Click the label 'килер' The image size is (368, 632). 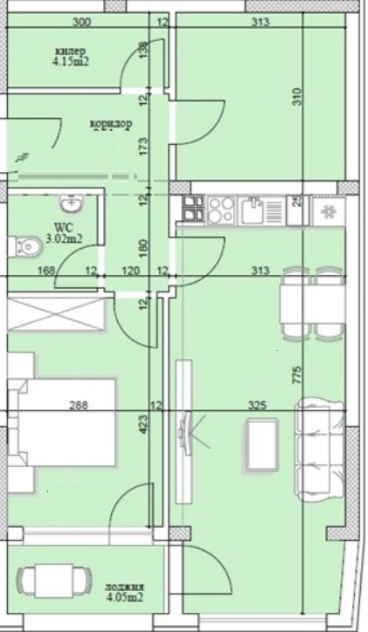[68, 50]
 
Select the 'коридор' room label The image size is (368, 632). [111, 124]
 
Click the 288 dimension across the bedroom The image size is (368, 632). [80, 405]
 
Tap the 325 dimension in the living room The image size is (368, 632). [257, 405]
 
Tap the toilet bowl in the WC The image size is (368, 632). [27, 248]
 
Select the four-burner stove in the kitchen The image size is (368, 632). [218, 210]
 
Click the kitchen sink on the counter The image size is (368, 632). [254, 210]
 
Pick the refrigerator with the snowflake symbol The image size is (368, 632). [330, 210]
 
